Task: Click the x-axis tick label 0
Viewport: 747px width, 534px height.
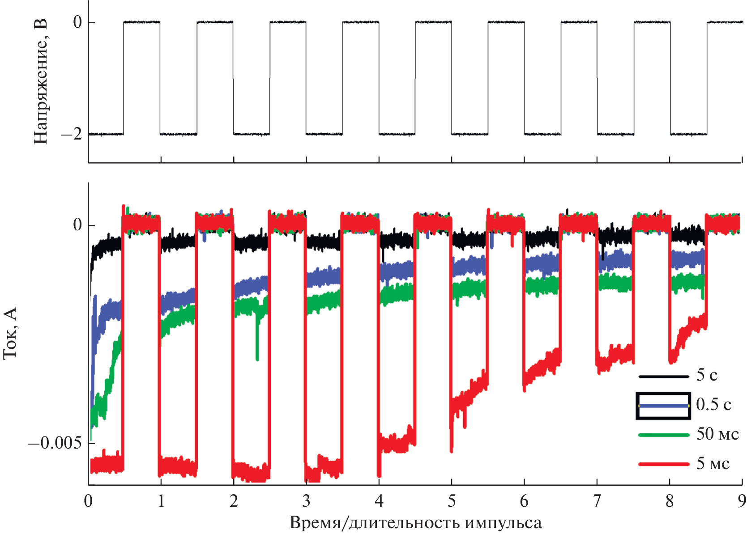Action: coord(88,501)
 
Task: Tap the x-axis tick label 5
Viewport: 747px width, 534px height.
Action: coord(452,501)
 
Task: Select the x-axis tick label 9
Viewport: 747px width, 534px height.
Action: coord(742,501)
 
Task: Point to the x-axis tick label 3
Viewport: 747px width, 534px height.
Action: coord(306,501)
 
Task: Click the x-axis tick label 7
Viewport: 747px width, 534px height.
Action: coord(597,501)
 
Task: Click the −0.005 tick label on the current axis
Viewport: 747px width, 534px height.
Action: coord(55,443)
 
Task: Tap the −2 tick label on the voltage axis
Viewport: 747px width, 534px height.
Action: coord(72,134)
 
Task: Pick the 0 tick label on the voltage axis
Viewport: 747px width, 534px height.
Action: coord(77,22)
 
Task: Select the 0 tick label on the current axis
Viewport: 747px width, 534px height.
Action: coord(77,225)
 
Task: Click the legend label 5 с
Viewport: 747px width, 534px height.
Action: coord(707,375)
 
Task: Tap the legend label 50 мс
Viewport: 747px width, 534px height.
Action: coord(717,434)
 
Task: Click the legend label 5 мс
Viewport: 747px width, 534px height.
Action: coord(713,463)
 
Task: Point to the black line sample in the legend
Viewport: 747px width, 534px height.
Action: coord(663,377)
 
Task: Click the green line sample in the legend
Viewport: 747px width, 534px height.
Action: coord(663,435)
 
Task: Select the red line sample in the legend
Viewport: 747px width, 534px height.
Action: coord(663,464)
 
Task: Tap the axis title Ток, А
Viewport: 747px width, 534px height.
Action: coord(10,333)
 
